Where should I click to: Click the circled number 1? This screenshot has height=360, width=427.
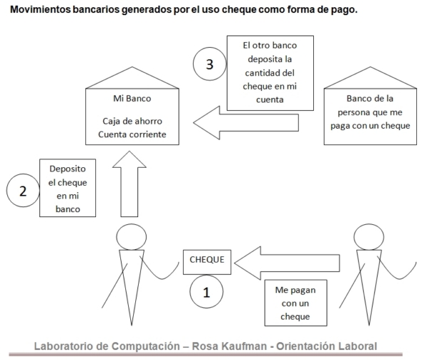point(206,292)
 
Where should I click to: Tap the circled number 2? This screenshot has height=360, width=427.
point(23,191)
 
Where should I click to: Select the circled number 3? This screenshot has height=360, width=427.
point(210,64)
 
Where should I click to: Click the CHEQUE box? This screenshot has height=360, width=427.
point(207,262)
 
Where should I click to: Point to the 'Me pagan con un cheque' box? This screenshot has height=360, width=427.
point(296,303)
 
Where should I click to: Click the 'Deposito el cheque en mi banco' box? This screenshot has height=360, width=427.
point(68,188)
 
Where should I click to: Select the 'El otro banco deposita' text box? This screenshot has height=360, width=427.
point(270,73)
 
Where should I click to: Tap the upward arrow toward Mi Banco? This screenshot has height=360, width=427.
point(130,184)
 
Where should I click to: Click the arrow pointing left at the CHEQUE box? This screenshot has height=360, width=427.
point(287,263)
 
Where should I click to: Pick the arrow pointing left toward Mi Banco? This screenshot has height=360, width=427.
point(246,123)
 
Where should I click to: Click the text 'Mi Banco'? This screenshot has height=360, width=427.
point(132,98)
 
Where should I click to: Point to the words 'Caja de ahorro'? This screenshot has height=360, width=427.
point(132,121)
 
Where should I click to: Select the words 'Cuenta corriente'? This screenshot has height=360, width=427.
point(132,134)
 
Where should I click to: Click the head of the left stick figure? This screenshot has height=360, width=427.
point(131,237)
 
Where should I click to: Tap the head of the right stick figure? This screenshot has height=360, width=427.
point(369,237)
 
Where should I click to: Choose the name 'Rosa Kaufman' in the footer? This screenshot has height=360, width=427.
point(229,346)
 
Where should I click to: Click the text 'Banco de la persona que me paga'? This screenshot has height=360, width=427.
point(370,112)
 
